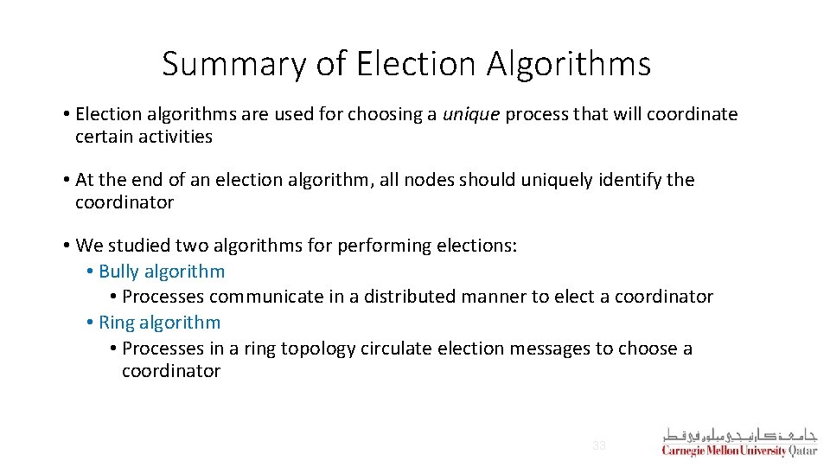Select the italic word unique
pos(471,114)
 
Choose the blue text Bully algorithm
pos(162,272)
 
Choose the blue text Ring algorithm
pos(160,323)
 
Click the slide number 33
pos(598,446)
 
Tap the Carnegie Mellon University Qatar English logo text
pos(739,451)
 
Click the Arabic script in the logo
pos(739,434)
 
